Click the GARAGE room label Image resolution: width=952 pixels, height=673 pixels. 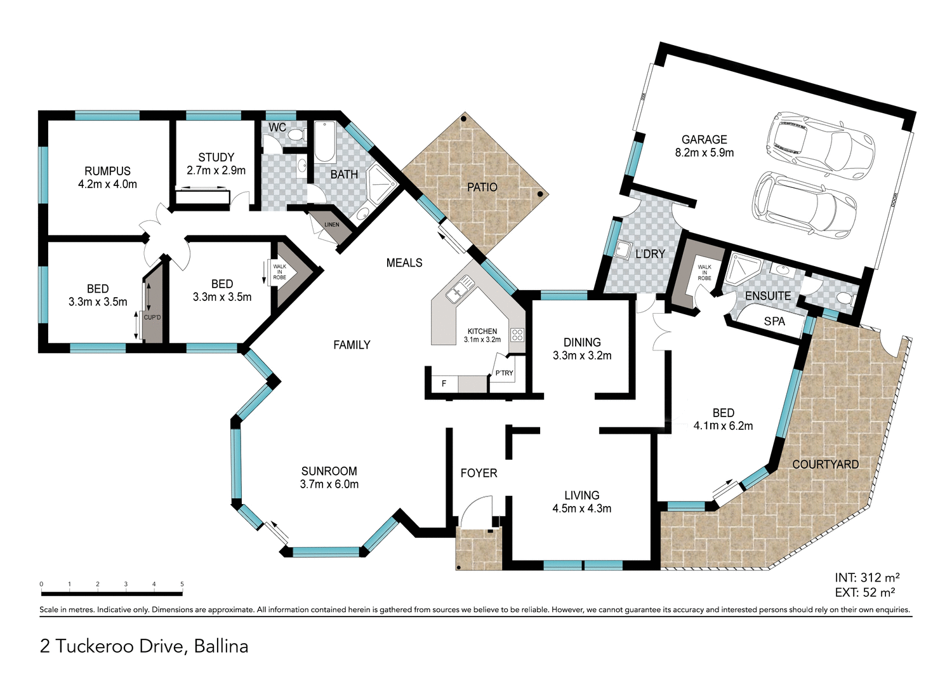pos(704,140)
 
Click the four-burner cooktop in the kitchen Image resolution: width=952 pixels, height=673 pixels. pos(517,335)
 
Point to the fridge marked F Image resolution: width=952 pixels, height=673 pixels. pos(444,383)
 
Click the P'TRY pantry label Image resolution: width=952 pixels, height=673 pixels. pos(504,373)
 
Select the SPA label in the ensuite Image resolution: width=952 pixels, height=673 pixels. pos(774,321)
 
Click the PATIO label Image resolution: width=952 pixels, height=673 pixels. pos(482,187)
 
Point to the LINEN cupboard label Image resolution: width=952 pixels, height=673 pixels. pos(332,225)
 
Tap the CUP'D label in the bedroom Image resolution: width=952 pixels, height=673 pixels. pos(152,317)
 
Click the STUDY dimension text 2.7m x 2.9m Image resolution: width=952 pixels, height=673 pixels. pos(216,171)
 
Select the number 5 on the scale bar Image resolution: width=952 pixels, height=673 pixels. pos(182,584)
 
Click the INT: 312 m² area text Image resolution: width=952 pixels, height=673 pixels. pos(867,578)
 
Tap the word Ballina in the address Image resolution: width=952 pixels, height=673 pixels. pos(221,646)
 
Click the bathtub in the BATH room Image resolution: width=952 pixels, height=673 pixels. pos(325,142)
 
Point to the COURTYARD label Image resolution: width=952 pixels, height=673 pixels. pos(825,465)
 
